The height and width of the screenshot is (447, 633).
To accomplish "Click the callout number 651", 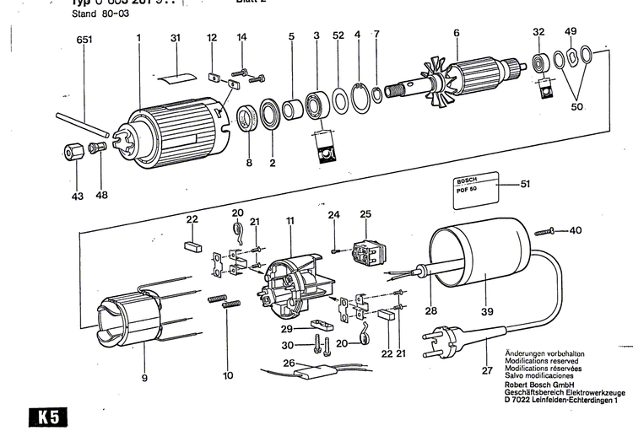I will click(84, 40).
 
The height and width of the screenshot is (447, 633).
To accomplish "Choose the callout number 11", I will click(289, 221).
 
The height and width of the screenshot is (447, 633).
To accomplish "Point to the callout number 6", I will click(456, 33).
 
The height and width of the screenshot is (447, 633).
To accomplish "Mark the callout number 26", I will click(289, 364).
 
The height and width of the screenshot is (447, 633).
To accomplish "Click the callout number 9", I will click(144, 378).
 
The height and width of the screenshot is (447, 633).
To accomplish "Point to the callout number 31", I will click(175, 38).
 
